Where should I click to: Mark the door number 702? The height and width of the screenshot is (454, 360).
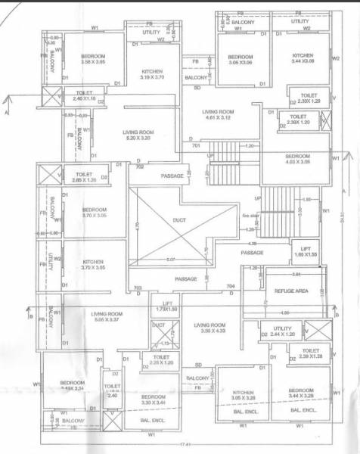[138, 166]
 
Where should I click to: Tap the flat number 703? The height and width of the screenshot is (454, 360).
[138, 288]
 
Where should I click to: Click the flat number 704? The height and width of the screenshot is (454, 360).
[231, 288]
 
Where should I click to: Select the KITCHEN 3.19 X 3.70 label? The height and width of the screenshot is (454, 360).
[157, 74]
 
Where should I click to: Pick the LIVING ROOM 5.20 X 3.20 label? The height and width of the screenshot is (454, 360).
[138, 135]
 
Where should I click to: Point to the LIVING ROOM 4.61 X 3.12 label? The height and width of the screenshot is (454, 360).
[219, 115]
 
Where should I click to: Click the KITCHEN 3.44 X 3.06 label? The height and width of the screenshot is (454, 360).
[303, 59]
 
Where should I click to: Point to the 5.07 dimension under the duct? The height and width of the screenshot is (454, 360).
[176, 260]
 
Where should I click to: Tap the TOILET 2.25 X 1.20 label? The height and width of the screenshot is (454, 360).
[160, 359]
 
